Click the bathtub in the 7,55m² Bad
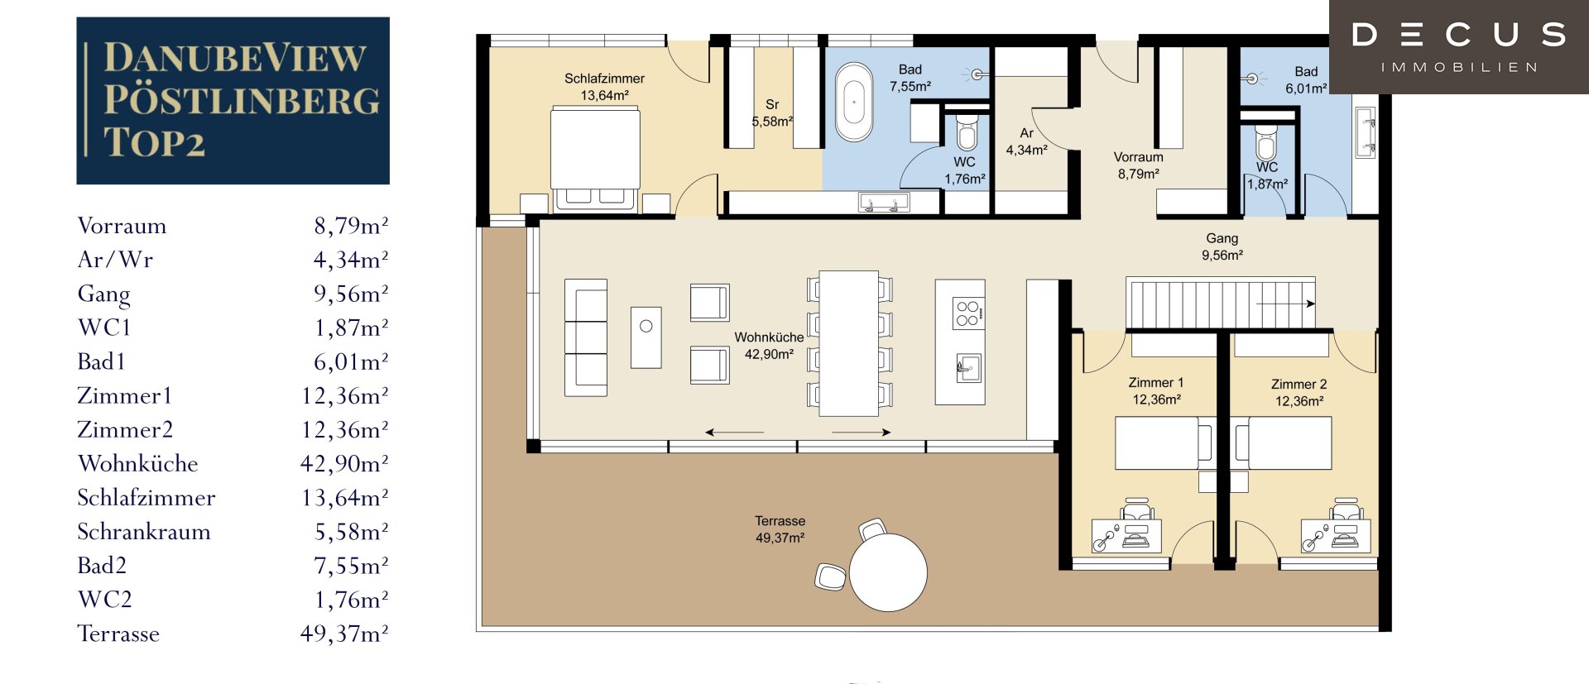coord(854,102)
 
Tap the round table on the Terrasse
coord(888,572)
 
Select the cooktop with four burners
coord(968,313)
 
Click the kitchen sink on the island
coord(968,367)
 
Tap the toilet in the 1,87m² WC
coord(1266,142)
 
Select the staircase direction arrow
coord(1286,304)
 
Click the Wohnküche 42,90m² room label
coord(769,346)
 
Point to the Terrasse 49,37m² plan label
coord(780,529)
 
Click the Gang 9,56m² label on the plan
coord(1222,246)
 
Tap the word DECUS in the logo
coord(1459,35)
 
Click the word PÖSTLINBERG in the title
coord(242,100)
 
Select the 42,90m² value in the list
coord(344,463)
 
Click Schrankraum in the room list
coord(144,531)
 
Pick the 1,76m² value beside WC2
coord(351,599)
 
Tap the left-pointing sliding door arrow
coord(734,432)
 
